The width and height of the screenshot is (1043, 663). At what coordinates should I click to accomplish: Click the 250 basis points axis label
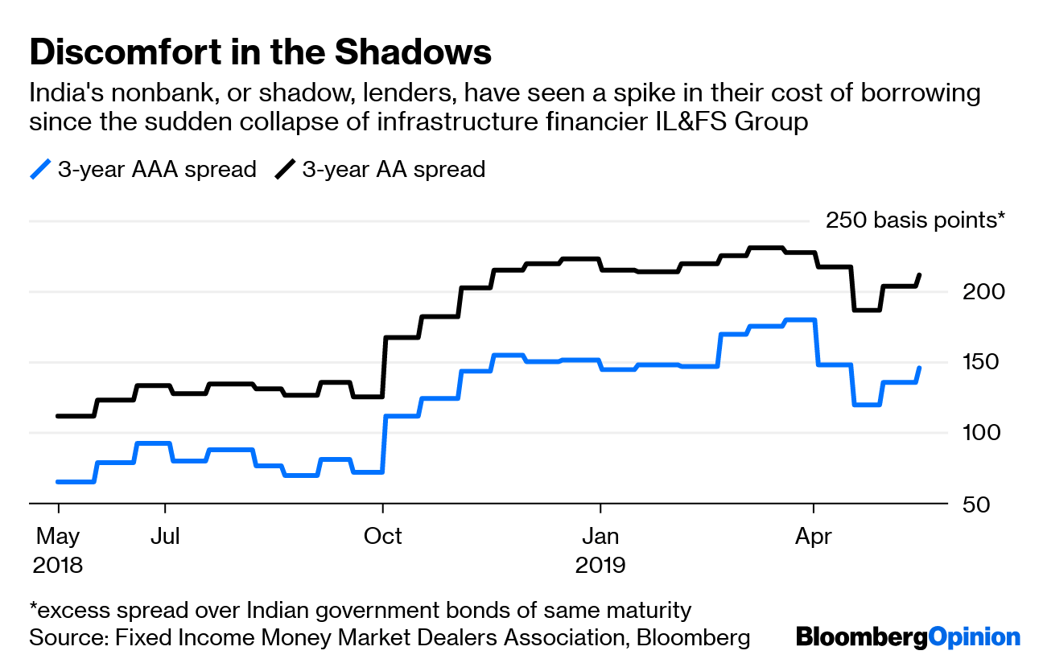pos(916,220)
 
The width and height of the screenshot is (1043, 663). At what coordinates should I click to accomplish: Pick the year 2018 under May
pos(58,565)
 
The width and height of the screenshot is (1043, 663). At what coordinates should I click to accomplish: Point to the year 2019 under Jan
pos(600,565)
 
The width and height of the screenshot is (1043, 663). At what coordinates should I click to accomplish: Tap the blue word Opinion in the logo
pos(974,638)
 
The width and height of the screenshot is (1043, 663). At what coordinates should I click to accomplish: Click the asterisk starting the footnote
pos(34,607)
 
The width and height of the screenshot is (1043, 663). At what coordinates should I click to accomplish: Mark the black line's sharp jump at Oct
pos(385,367)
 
